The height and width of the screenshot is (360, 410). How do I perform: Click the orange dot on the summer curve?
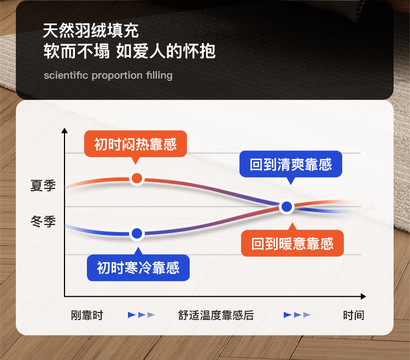pyautogui.click(x=137, y=178)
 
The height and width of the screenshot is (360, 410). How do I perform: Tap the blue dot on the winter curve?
pyautogui.click(x=137, y=233)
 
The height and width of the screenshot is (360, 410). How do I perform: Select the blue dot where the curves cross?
pyautogui.click(x=287, y=206)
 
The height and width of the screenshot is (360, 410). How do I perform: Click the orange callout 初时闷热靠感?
pyautogui.click(x=136, y=144)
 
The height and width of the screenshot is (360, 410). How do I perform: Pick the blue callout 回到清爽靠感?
pyautogui.click(x=291, y=164)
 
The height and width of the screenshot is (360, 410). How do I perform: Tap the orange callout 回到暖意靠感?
pyautogui.click(x=292, y=243)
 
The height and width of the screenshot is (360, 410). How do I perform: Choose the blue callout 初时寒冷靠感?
pyautogui.click(x=138, y=268)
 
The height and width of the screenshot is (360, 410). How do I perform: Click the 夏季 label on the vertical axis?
pyautogui.click(x=43, y=186)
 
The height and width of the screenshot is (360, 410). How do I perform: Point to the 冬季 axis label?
pyautogui.click(x=43, y=221)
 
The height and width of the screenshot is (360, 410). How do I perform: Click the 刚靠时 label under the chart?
pyautogui.click(x=87, y=315)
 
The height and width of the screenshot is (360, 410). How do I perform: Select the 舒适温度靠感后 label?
pyautogui.click(x=216, y=315)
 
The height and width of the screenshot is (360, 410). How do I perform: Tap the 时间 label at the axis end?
pyautogui.click(x=354, y=315)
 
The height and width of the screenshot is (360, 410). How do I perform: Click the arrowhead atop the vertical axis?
pyautogui.click(x=65, y=131)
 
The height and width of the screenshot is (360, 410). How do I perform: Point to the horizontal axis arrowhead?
pyautogui.click(x=363, y=297)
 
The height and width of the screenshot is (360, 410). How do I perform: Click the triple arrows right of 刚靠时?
pyautogui.click(x=142, y=315)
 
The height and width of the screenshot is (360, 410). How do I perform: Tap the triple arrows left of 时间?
pyautogui.click(x=297, y=315)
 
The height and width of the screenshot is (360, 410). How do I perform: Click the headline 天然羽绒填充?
pyautogui.click(x=91, y=31)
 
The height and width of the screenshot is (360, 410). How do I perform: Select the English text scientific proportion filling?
pyautogui.click(x=108, y=75)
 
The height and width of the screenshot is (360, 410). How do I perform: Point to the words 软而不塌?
pyautogui.click(x=77, y=51)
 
